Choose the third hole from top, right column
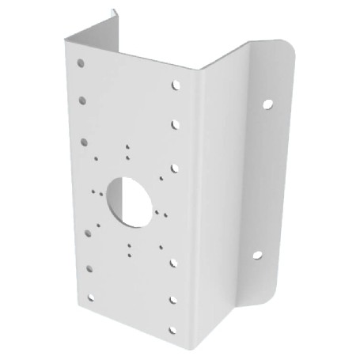click(x=174, y=169)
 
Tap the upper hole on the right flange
click(x=269, y=104)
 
